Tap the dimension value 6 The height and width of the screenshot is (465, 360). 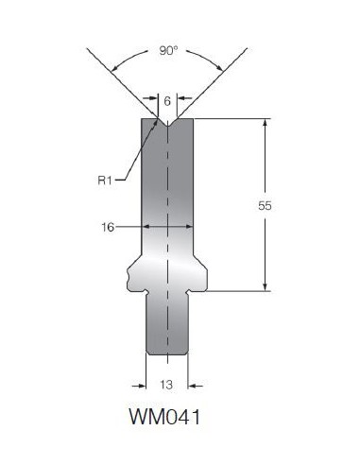point(167,101)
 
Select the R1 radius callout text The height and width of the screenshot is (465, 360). point(105,181)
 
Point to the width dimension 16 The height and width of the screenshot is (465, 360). point(108,227)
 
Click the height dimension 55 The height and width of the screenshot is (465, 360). point(265,206)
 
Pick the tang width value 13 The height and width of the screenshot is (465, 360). point(166,385)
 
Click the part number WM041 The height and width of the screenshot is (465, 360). point(164,417)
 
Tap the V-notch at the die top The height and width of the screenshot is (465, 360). point(168,122)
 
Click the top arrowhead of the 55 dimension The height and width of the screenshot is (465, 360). point(266,123)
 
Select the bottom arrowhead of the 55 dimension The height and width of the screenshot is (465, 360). point(266,286)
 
